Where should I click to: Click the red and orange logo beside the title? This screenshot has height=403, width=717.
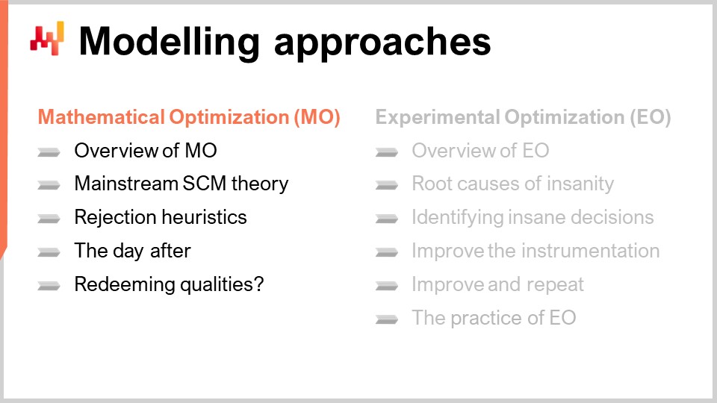[47, 38]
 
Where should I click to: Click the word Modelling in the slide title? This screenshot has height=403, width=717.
[169, 41]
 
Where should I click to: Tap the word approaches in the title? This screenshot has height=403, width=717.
[382, 43]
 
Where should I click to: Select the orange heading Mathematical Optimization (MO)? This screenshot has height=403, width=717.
[189, 118]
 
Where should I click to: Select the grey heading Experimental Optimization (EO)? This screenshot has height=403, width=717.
[523, 118]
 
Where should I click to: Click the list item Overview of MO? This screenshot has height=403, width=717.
[146, 151]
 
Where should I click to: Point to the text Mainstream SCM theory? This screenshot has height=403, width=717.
[181, 184]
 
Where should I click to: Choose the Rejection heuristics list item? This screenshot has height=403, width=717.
[161, 217]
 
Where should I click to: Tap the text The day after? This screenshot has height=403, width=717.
[132, 251]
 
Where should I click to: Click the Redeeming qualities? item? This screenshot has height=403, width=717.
[169, 284]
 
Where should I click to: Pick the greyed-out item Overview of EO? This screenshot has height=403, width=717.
[480, 151]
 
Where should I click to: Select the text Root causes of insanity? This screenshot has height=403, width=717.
[512, 184]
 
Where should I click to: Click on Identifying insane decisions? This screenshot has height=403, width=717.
[533, 217]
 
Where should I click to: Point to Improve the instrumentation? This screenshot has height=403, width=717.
[536, 251]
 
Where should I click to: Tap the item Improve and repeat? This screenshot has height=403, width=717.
[497, 284]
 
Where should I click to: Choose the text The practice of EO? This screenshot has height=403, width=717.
[494, 318]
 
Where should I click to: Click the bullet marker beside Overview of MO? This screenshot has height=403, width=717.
[49, 152]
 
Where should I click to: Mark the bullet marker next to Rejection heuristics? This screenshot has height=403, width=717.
[49, 219]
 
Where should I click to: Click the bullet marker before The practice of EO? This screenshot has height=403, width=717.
[386, 319]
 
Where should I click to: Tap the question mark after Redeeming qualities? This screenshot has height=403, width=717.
[258, 284]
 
